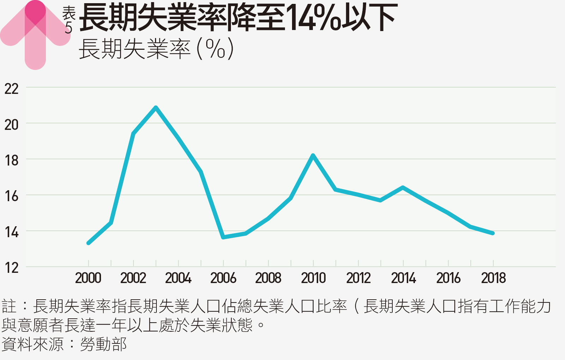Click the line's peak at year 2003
point(156,108)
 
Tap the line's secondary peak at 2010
point(313,156)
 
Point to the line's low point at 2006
point(223,237)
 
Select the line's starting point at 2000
point(88,243)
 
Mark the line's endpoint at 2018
point(493,233)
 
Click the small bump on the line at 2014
point(403,187)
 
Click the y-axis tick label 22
point(12,89)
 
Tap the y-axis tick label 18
point(12,161)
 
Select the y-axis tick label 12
point(12,268)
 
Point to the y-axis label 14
point(12,232)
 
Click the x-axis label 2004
point(178,278)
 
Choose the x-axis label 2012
point(358,278)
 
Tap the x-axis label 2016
point(448,278)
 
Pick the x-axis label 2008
point(268,278)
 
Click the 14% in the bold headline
point(313,18)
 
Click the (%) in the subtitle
point(215,49)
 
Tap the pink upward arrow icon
point(35,34)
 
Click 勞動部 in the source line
point(103,344)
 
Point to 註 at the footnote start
point(9,306)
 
